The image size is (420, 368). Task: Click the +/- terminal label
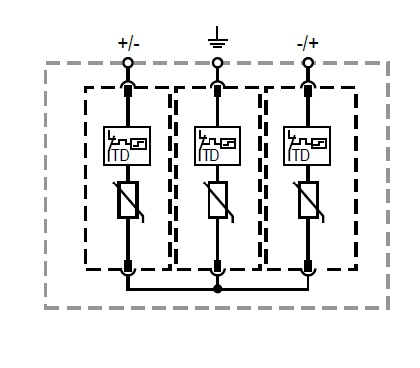pyautogui.click(x=128, y=43)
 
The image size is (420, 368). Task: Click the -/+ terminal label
pyautogui.click(x=308, y=43)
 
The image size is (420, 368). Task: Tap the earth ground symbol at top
pyautogui.click(x=217, y=39)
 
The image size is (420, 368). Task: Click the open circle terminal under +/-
pyautogui.click(x=128, y=63)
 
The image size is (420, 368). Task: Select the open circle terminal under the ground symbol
pyautogui.click(x=217, y=63)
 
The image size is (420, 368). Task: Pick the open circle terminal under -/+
pyautogui.click(x=308, y=63)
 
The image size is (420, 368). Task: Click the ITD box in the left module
pyautogui.click(x=127, y=146)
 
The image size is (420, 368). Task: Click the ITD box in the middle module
pyautogui.click(x=217, y=146)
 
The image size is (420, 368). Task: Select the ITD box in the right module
pyautogui.click(x=307, y=146)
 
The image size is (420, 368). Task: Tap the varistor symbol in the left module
pyautogui.click(x=128, y=199)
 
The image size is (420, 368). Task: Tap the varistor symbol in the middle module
pyautogui.click(x=217, y=199)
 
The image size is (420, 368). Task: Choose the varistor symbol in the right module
pyautogui.click(x=308, y=199)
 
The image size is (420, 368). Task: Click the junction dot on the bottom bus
pyautogui.click(x=217, y=289)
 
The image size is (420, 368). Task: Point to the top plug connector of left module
pyautogui.click(x=128, y=89)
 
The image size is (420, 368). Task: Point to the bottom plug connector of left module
pyautogui.click(x=128, y=267)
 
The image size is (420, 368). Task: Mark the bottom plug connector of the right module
pyautogui.click(x=308, y=267)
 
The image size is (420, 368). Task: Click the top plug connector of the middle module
pyautogui.click(x=217, y=89)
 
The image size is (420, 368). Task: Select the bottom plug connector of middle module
pyautogui.click(x=217, y=267)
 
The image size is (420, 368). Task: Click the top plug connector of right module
pyautogui.click(x=308, y=89)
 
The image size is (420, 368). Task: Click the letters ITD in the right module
pyautogui.click(x=299, y=156)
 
